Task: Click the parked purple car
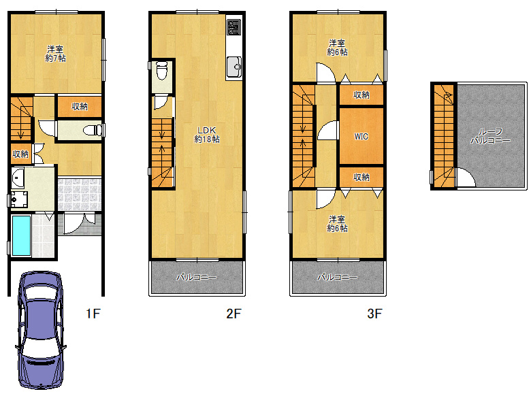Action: tap(40, 330)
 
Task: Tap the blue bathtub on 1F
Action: tap(21, 235)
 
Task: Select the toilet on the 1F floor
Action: tap(92, 130)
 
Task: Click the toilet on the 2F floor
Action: tap(162, 69)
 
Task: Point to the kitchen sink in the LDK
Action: tap(234, 67)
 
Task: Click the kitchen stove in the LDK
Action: tap(234, 27)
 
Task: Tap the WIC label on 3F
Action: tap(361, 136)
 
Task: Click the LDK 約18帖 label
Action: tap(206, 135)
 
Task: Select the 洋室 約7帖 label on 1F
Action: tap(56, 54)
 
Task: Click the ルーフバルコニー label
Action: tap(490, 136)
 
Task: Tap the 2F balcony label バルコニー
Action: tap(197, 278)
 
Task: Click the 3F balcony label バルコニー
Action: tap(337, 278)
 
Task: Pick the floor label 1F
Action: tap(93, 314)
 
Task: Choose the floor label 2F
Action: tap(234, 314)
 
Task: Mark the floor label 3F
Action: tap(374, 314)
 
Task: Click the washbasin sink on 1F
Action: tap(17, 178)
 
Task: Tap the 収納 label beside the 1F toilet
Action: tap(80, 107)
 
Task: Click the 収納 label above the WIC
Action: tap(361, 95)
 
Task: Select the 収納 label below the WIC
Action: tap(361, 177)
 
